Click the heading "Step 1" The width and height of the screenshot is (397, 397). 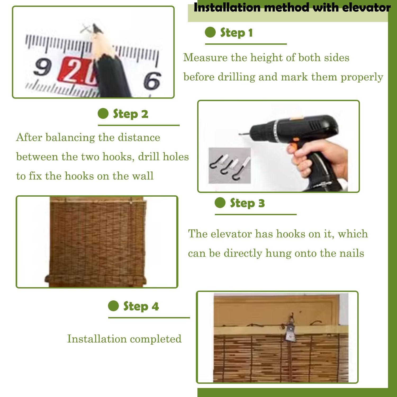pos(236,33)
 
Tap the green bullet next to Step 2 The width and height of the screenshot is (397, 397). pos(103,114)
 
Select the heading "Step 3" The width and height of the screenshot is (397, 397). pos(247,203)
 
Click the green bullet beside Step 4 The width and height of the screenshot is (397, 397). pos(113,306)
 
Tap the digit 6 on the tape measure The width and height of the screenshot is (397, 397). pos(152,80)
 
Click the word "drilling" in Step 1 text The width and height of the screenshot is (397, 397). pos(237,77)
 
